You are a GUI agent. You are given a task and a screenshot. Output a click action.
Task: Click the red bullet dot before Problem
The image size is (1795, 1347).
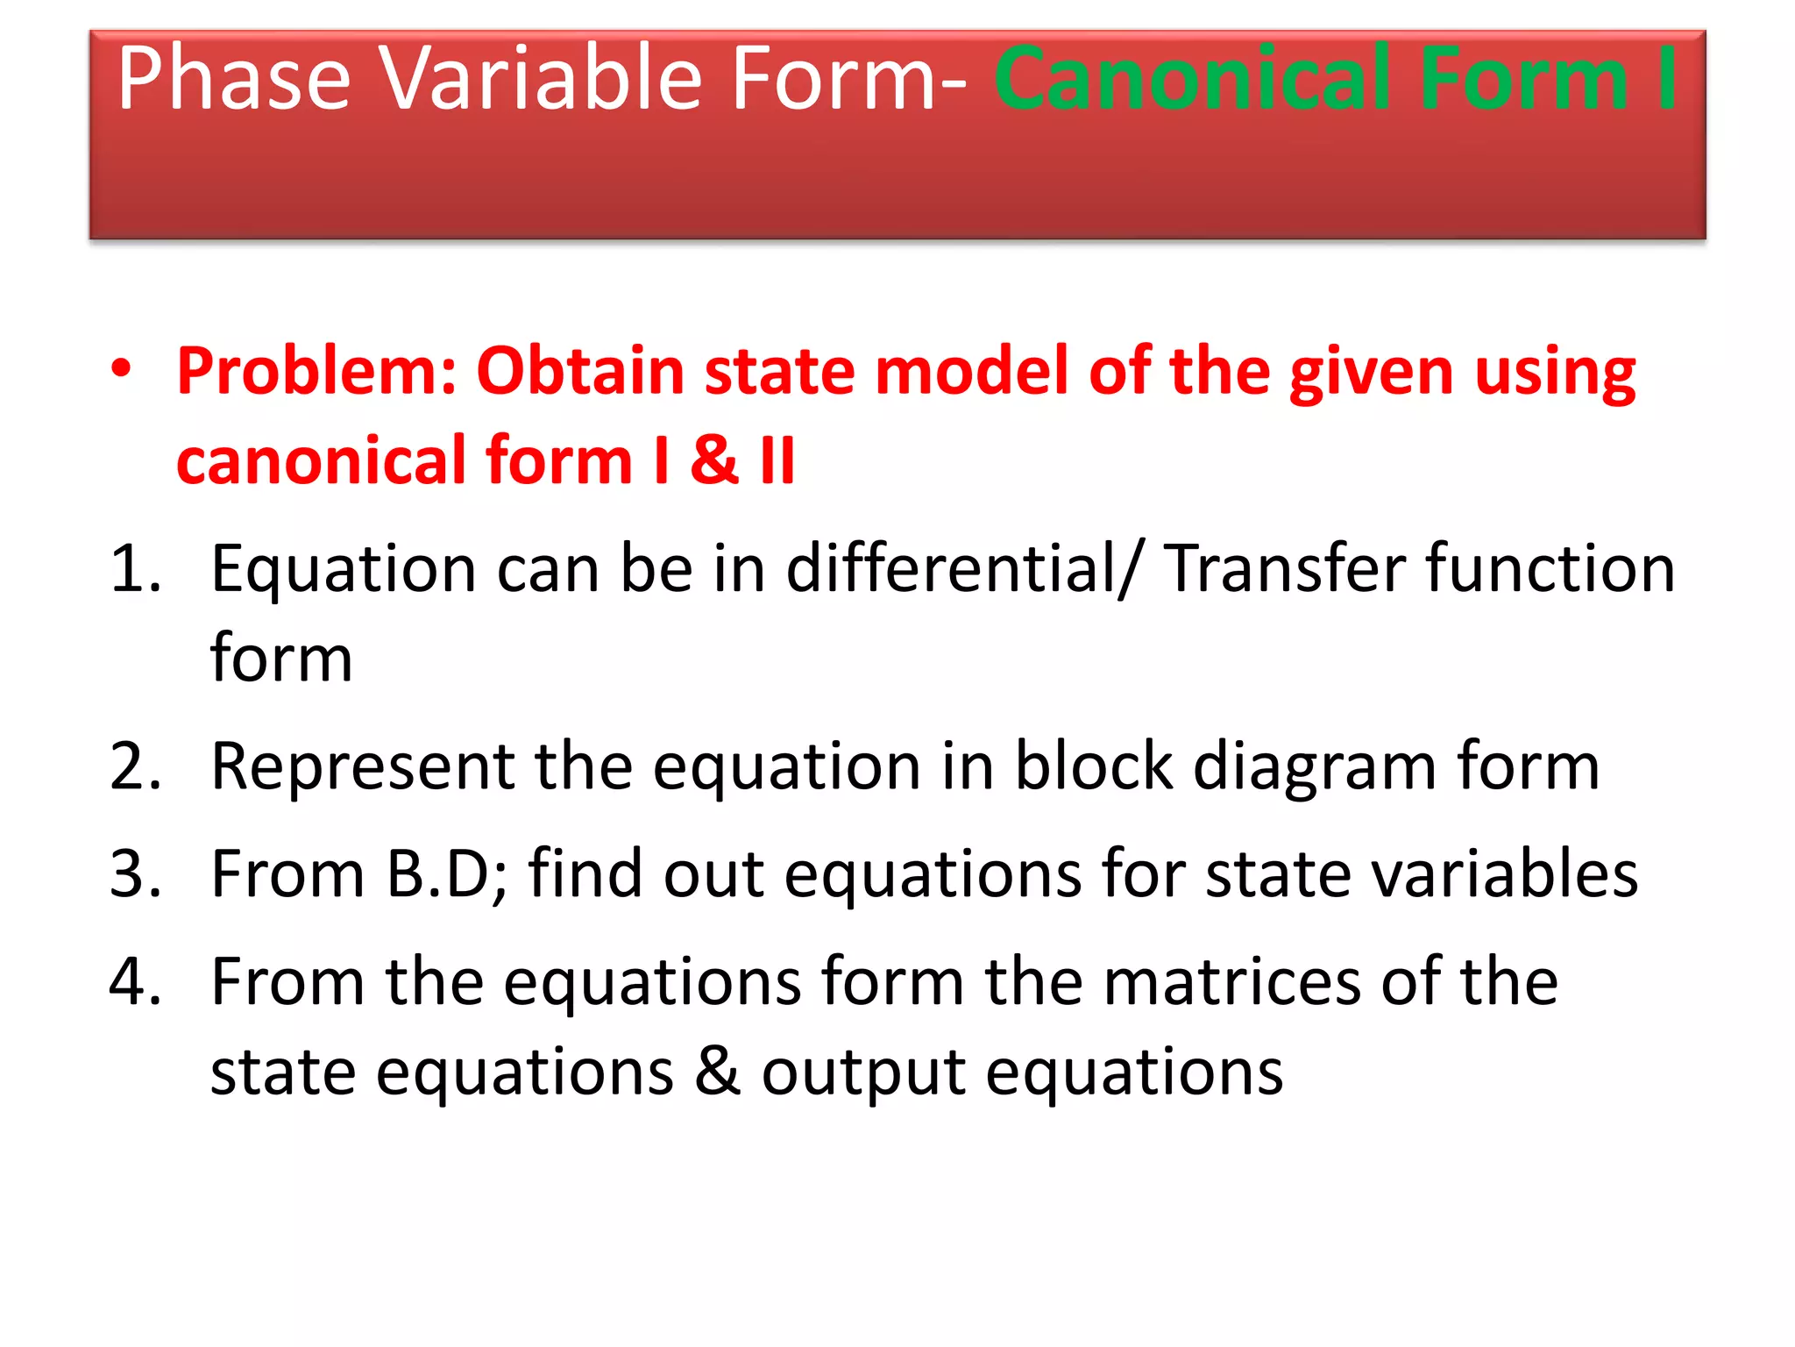tap(121, 369)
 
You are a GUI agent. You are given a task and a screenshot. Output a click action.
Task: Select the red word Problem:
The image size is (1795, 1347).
tap(316, 372)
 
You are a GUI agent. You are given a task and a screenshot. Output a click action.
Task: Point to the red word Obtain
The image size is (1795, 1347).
tap(579, 372)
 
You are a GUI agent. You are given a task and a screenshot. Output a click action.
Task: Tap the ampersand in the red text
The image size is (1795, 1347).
tap(713, 460)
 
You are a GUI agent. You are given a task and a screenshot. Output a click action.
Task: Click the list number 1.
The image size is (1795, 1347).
tap(136, 570)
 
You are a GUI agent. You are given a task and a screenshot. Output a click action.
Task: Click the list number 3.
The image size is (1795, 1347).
tap(136, 874)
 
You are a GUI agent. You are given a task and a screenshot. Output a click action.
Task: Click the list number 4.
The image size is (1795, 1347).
tap(136, 981)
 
